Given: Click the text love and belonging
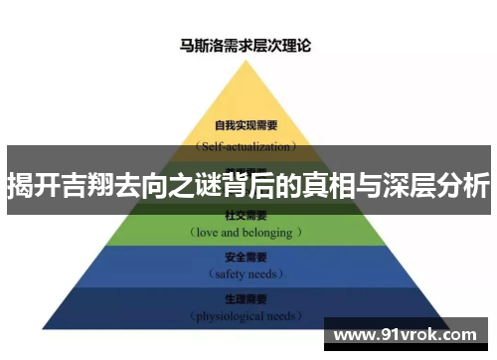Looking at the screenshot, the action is click(x=247, y=232).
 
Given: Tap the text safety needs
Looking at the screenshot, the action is click(x=245, y=273).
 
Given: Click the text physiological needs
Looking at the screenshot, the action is click(x=245, y=316).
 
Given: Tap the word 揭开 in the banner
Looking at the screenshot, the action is click(x=30, y=184).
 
